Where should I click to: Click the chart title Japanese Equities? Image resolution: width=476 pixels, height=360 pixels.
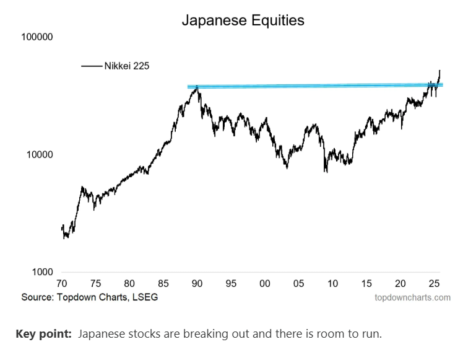pos(243,20)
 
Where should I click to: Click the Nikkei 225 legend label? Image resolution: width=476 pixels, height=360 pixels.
pos(126,66)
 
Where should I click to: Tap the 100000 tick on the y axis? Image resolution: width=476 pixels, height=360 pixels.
pos(38,37)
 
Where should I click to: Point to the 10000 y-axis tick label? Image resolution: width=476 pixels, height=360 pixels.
pos(40,155)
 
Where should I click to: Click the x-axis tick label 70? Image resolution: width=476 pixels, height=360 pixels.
pos(62,284)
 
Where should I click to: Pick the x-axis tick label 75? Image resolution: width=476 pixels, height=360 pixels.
pos(95,284)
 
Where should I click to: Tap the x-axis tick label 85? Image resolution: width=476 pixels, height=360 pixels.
pos(163,284)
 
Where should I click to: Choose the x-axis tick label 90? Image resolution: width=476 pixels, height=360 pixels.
pos(197,284)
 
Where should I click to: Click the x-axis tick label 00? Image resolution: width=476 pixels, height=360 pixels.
pos(265,284)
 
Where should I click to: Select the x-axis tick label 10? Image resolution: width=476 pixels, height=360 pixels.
pos(332,284)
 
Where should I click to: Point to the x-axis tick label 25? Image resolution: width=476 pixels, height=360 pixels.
pos(435,284)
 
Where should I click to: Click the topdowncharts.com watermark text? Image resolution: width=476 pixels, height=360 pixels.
pos(412,297)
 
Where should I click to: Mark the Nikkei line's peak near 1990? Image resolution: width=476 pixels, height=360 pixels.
pos(197,87)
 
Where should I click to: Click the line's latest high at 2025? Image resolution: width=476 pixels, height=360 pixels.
pos(439,71)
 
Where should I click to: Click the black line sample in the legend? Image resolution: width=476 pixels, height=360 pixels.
pos(92,66)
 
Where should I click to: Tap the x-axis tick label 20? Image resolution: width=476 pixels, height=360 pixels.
pos(400,284)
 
